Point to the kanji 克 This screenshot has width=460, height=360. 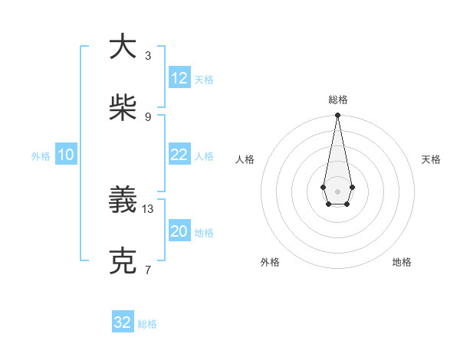(123, 260)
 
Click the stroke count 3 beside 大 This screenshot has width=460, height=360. (148, 55)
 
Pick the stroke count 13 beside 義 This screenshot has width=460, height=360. (148, 208)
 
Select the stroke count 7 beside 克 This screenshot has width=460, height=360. (148, 270)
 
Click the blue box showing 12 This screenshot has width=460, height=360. (179, 78)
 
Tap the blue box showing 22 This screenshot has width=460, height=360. (179, 155)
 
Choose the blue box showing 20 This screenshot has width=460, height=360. (179, 231)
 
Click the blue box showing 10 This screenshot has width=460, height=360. (66, 155)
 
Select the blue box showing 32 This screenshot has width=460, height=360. (123, 322)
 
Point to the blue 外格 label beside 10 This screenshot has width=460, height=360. (41, 155)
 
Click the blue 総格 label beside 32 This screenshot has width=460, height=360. (147, 323)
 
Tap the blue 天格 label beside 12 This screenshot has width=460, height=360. (204, 79)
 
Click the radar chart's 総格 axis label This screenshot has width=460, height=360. (338, 100)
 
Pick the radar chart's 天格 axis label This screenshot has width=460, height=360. (431, 159)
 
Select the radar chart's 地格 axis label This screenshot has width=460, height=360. (402, 262)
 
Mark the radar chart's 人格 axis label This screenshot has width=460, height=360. (245, 159)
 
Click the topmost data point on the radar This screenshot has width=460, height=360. (337, 116)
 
